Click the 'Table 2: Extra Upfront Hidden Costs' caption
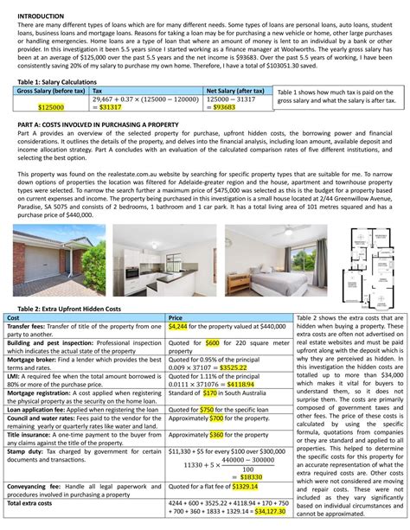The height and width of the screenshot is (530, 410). [x=69, y=309]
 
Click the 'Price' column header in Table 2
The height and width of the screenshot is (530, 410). [x=176, y=317]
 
